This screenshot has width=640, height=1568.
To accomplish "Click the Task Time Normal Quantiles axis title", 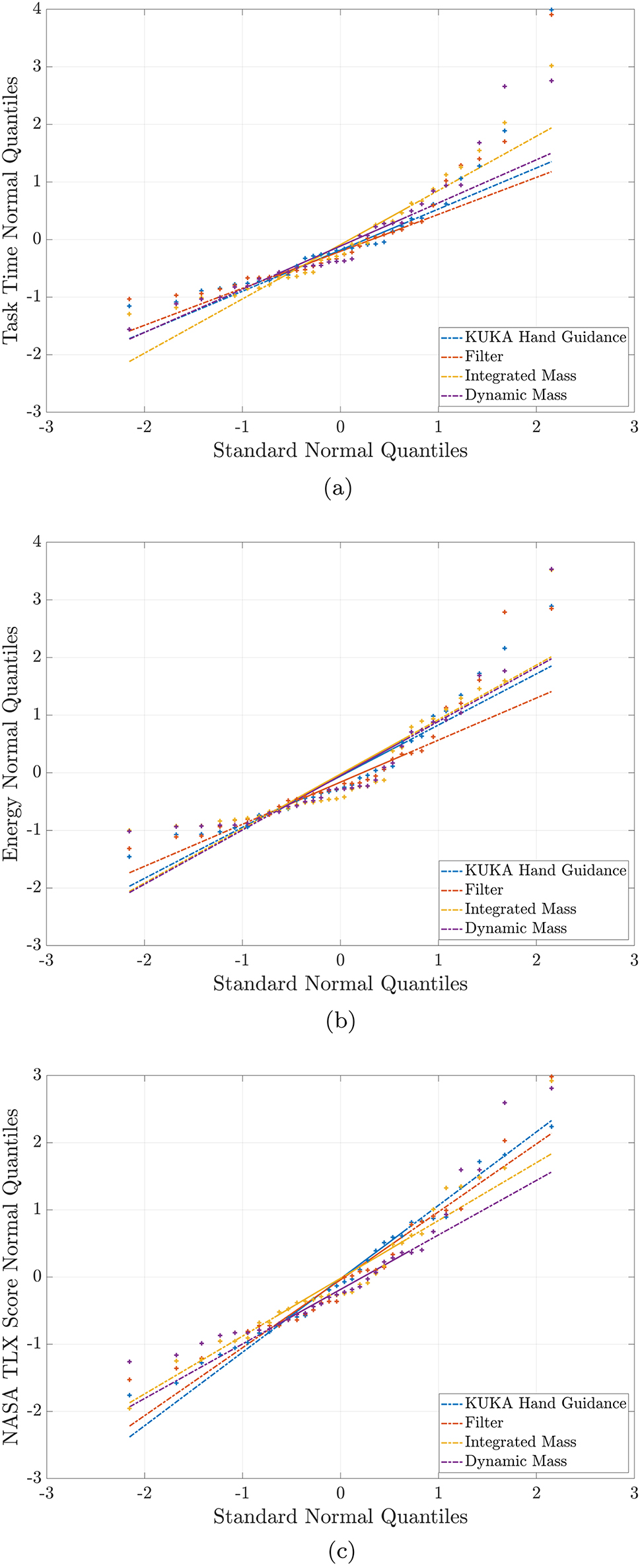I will tap(10, 210).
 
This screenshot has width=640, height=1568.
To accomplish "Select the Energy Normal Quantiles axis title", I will tap(10, 743).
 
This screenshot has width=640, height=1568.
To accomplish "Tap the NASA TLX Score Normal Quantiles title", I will tap(10, 1275).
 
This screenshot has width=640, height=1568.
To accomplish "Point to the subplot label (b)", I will tap(340, 1021).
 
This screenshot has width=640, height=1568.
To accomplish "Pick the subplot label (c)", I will tap(341, 1552).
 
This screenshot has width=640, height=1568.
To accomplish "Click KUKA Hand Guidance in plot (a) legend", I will tap(545, 337).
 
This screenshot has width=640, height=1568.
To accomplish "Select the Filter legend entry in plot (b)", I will tap(483, 890).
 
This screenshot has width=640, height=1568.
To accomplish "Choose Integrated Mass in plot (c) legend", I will tap(520, 1442).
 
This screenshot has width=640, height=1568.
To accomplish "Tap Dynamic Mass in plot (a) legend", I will tap(515, 395).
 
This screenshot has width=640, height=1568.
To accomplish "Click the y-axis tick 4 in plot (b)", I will tap(36, 542).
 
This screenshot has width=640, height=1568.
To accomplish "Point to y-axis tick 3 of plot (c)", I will tap(36, 1075).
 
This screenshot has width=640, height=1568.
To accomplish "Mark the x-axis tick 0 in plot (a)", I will tap(340, 427).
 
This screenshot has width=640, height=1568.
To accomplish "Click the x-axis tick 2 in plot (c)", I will tap(536, 1493).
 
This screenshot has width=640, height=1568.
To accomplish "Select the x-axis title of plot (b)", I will tap(340, 983).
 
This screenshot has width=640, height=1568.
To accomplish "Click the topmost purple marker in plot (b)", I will tap(551, 569).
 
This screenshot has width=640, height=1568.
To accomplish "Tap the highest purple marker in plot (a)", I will tap(551, 81).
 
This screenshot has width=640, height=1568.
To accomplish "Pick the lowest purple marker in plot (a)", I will tap(129, 329).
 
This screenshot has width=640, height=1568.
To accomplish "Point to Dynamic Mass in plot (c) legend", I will tap(515, 1461).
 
